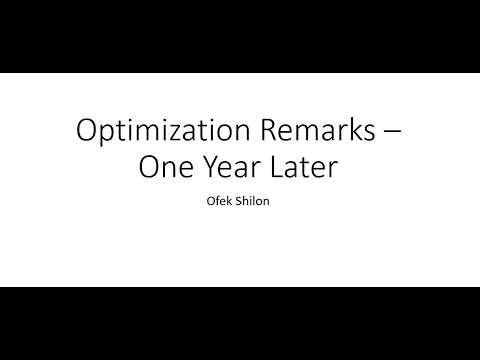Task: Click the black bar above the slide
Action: coord(240,36)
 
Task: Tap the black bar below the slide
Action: coord(240,322)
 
